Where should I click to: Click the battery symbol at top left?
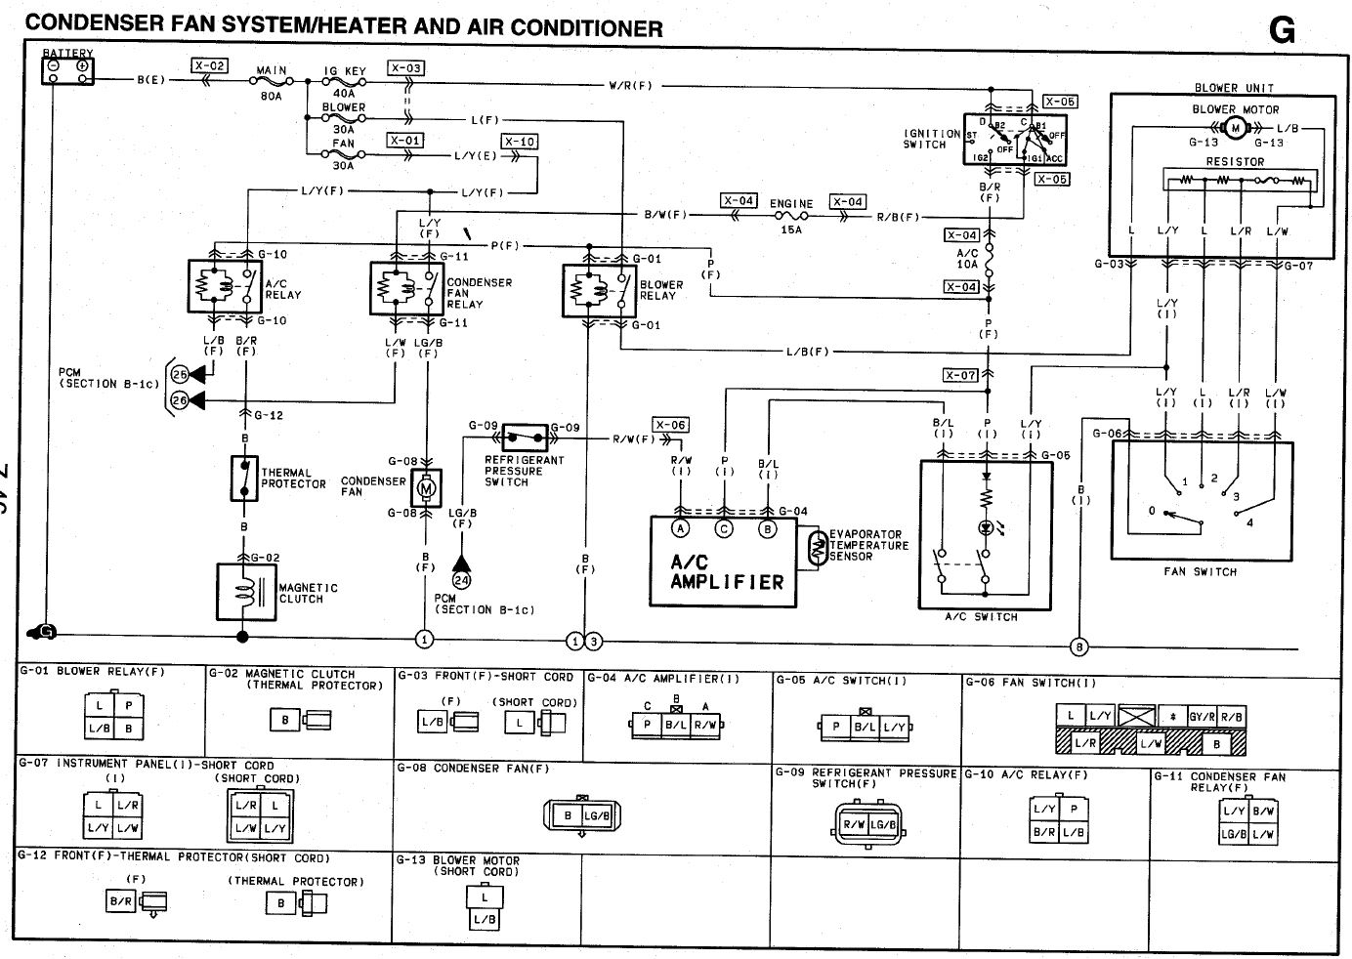coord(67,69)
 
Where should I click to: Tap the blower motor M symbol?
coord(1235,128)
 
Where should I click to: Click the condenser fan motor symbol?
coord(426,486)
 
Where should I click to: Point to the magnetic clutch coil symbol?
coord(246,590)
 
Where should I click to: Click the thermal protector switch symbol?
coord(244,478)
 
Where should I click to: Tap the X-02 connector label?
coord(209,66)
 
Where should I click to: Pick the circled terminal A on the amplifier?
coord(681,528)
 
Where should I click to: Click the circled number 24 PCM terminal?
coord(461,580)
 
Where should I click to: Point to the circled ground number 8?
coord(1078,646)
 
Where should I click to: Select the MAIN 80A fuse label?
coord(272,82)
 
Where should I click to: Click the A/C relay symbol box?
coord(225,286)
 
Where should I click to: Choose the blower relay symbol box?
coord(599,290)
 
